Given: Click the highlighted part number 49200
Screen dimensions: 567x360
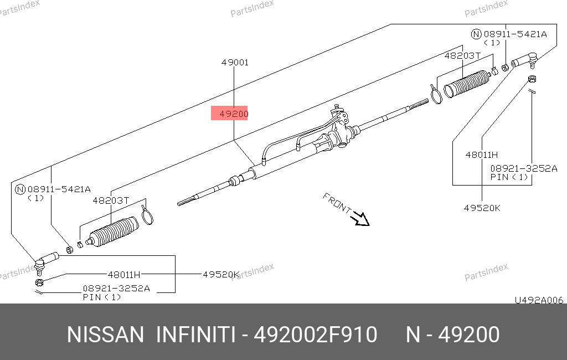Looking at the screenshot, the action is click(x=234, y=114).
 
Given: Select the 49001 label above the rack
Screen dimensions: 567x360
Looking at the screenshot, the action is click(x=235, y=63).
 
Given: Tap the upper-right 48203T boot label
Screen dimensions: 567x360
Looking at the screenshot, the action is click(x=462, y=56).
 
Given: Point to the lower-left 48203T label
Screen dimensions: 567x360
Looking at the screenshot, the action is click(x=111, y=200).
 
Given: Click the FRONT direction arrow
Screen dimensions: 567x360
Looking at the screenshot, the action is click(x=361, y=219).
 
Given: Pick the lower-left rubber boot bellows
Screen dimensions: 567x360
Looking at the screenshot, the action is click(x=113, y=232).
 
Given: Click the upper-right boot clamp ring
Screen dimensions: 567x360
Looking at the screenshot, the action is click(x=436, y=94).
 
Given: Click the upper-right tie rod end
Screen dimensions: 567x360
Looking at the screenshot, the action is click(x=525, y=60).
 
